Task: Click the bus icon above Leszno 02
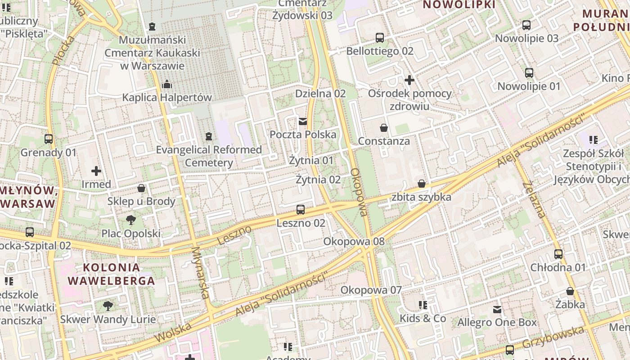tap(301, 210)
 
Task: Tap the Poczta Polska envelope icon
tap(303, 121)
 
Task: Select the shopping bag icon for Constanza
tap(384, 128)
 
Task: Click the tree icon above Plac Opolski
tap(131, 220)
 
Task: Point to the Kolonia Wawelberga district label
tap(111, 274)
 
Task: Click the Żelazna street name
tap(535, 199)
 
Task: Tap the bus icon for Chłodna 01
tap(558, 254)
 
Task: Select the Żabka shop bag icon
tap(570, 291)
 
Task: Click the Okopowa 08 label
tap(354, 242)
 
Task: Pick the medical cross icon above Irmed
tap(96, 171)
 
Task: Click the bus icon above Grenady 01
tap(49, 139)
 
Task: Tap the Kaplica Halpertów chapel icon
tap(167, 84)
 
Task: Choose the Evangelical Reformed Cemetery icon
tap(208, 136)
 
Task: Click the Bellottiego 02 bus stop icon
tap(380, 38)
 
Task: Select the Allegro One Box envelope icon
tap(497, 310)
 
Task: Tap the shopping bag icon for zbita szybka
tap(422, 184)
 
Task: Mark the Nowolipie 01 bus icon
tap(529, 73)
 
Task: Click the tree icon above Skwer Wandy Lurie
tap(108, 306)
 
